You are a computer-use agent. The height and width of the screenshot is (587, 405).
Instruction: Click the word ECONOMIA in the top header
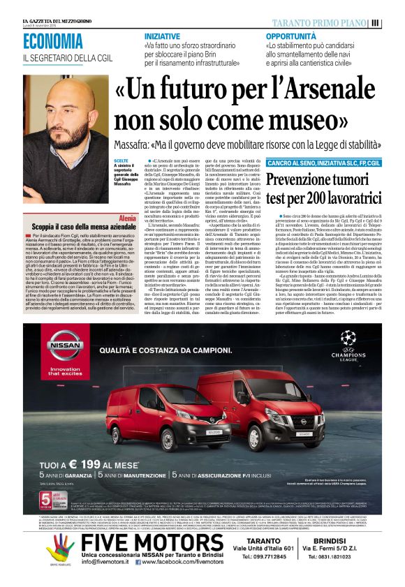tap(52, 41)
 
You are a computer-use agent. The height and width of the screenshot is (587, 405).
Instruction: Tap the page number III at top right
tap(395, 22)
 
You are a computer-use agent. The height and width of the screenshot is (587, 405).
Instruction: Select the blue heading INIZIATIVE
tap(162, 36)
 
